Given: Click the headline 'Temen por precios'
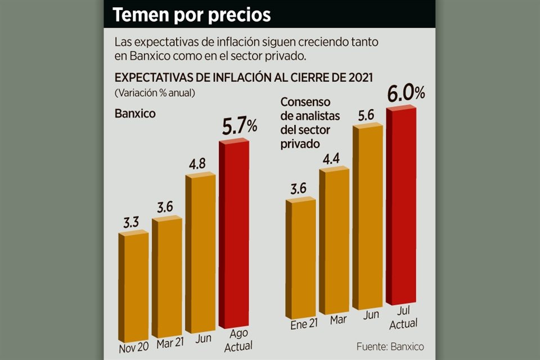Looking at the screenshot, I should (x=192, y=15).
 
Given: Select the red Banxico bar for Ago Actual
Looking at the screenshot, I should (x=233, y=236).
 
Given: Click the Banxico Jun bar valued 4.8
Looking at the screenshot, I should (x=200, y=253).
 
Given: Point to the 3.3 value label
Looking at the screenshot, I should (x=132, y=222).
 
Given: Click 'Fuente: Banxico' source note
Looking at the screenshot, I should (x=390, y=346).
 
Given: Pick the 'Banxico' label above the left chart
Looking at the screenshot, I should (x=135, y=113).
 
